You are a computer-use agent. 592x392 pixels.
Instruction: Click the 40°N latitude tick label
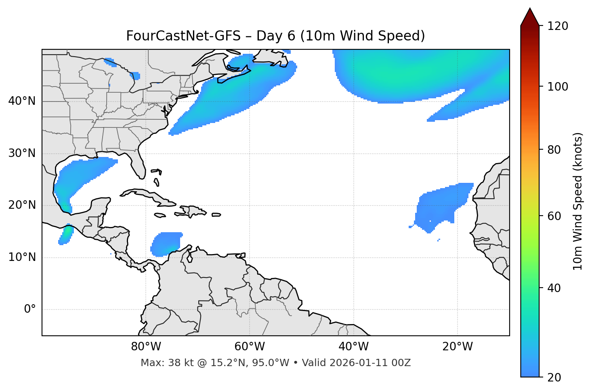[x=22, y=101]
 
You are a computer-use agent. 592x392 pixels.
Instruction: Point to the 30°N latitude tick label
[x=22, y=153]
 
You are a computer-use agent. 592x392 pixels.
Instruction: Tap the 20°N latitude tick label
[x=22, y=205]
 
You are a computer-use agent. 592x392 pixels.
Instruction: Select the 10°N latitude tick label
[x=22, y=257]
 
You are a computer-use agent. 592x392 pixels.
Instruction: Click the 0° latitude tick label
[x=29, y=309]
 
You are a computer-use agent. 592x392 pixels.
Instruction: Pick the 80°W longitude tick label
[x=146, y=347]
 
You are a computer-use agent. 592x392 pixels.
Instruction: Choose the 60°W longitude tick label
[x=250, y=347]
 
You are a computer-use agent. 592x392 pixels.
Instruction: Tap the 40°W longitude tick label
[x=353, y=347]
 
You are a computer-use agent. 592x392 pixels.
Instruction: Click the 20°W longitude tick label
[x=458, y=347]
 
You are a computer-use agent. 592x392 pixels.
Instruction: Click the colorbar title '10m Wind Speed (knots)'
[x=578, y=201]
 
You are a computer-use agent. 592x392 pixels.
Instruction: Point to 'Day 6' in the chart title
[x=275, y=36]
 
